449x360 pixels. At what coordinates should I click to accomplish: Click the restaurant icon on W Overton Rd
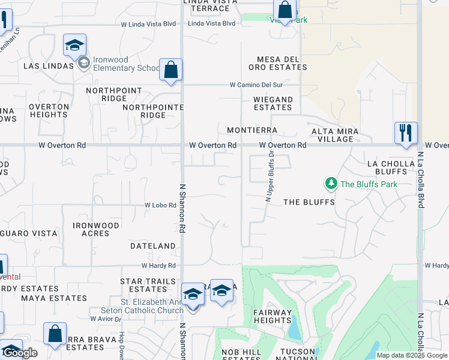[406, 133]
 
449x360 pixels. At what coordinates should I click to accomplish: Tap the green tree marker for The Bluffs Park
[330, 183]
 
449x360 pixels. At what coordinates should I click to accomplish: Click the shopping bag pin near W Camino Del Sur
[171, 70]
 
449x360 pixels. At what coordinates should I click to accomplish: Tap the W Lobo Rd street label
[160, 205]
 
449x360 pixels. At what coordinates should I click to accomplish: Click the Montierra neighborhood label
[252, 130]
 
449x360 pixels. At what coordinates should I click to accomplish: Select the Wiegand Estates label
[273, 104]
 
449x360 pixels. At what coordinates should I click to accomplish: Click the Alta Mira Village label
[335, 135]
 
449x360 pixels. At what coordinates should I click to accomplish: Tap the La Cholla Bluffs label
[391, 167]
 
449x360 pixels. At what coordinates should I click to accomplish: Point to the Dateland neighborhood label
[153, 246]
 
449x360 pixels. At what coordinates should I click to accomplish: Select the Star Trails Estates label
[148, 286]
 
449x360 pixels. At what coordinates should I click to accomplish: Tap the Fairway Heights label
[272, 316]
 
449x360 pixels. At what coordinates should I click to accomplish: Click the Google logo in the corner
[20, 353]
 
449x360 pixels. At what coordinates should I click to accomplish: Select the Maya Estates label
[54, 298]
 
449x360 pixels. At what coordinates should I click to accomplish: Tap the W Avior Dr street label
[103, 319]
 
